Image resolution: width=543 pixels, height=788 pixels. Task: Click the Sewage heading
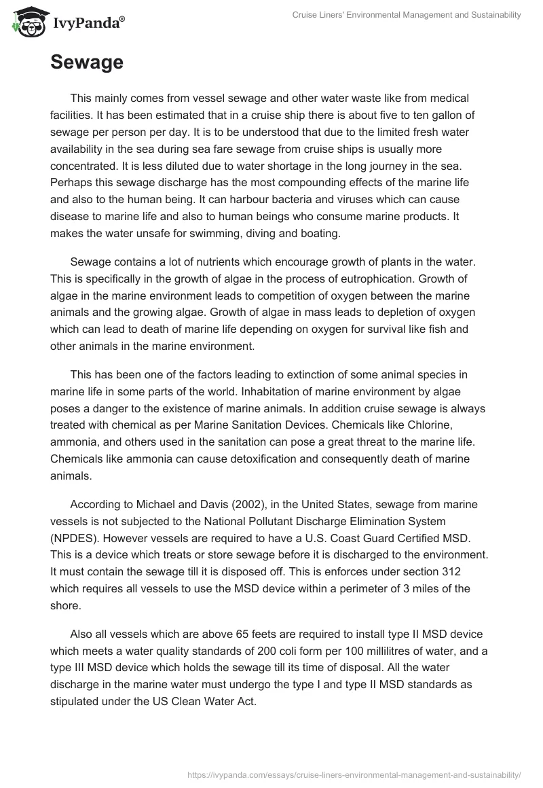[x=87, y=62]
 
